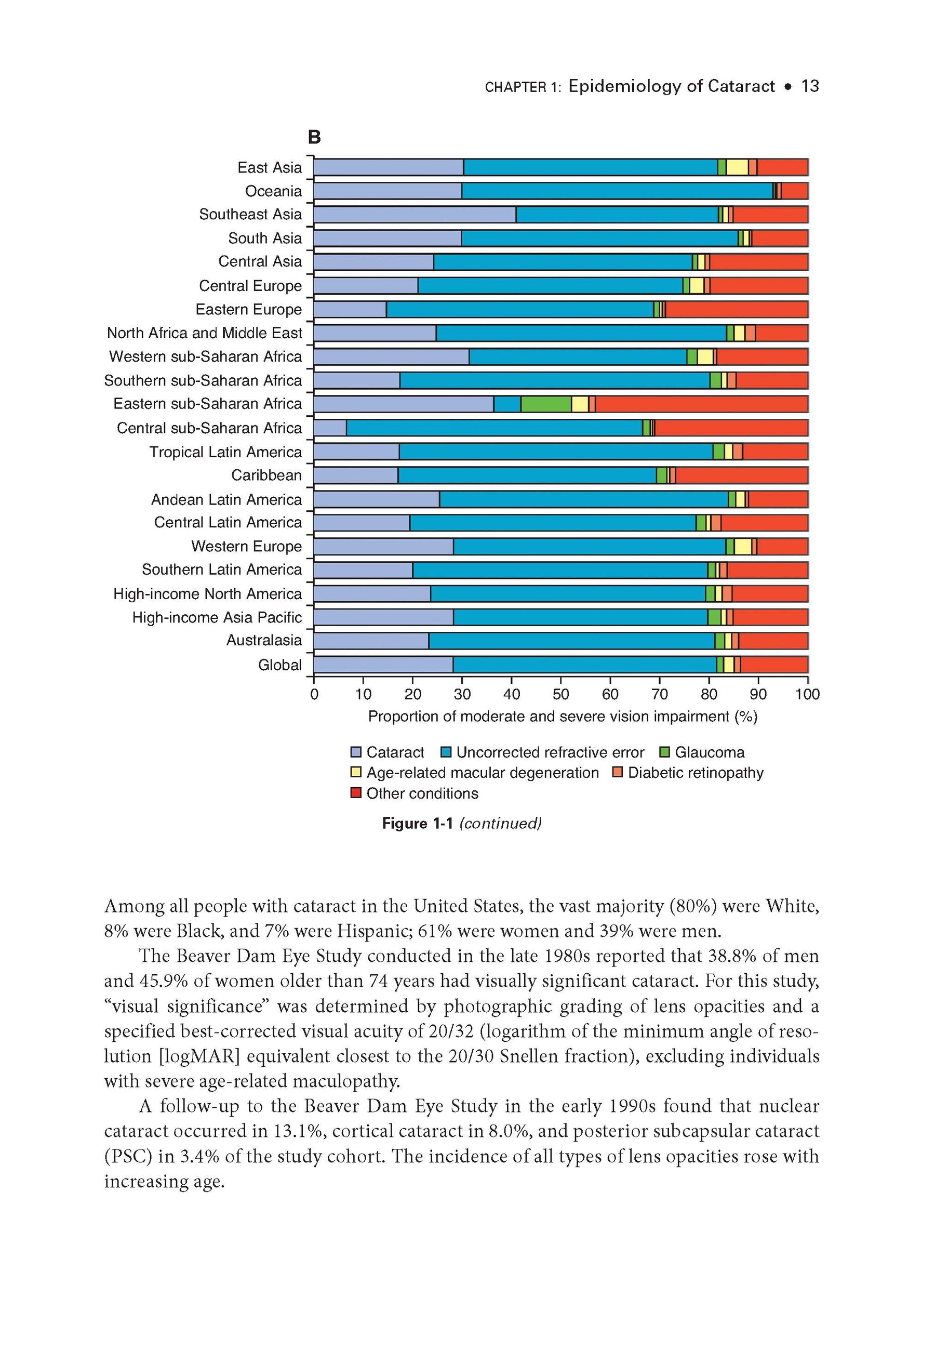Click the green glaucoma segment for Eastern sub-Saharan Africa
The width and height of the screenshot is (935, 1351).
coord(545,404)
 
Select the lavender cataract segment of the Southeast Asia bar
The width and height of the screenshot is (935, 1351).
coord(415,215)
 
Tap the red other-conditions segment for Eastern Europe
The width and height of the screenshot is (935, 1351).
coord(737,309)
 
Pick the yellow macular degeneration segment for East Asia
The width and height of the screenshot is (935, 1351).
coord(737,167)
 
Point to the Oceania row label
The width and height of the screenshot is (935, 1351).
coord(273,191)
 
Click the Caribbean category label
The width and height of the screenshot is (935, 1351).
coord(266,475)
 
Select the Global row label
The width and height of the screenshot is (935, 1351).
coord(279,665)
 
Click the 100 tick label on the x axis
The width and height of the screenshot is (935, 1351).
coord(807,694)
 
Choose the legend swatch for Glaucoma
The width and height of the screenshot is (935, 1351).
coord(665,752)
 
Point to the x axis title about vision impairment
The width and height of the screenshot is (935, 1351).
coord(563,717)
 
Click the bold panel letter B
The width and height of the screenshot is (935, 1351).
coord(314,137)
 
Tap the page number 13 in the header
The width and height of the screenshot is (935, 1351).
coord(810,86)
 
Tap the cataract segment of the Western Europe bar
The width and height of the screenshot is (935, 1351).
coord(383,547)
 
